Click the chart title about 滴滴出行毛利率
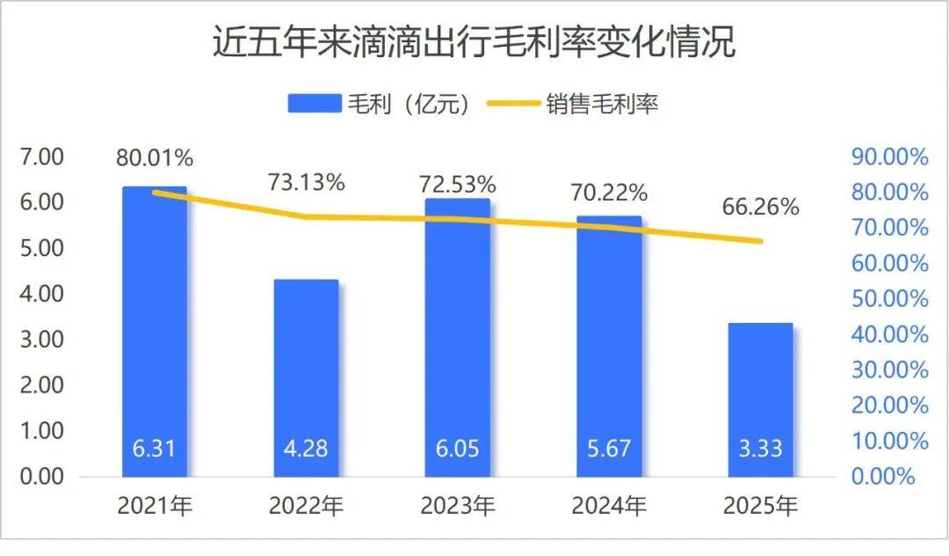474,42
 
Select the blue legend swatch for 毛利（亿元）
313,104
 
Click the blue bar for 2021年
155,334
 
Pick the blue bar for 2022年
306,378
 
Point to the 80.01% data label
155,158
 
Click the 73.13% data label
306,183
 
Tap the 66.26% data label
761,208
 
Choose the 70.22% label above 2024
609,192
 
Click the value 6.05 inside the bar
457,449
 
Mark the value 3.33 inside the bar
761,449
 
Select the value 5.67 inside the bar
609,449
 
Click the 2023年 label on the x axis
457,507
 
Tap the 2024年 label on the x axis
609,507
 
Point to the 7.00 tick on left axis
41,157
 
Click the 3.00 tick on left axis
41,340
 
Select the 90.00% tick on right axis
889,157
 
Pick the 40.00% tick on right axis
889,334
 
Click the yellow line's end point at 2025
761,241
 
